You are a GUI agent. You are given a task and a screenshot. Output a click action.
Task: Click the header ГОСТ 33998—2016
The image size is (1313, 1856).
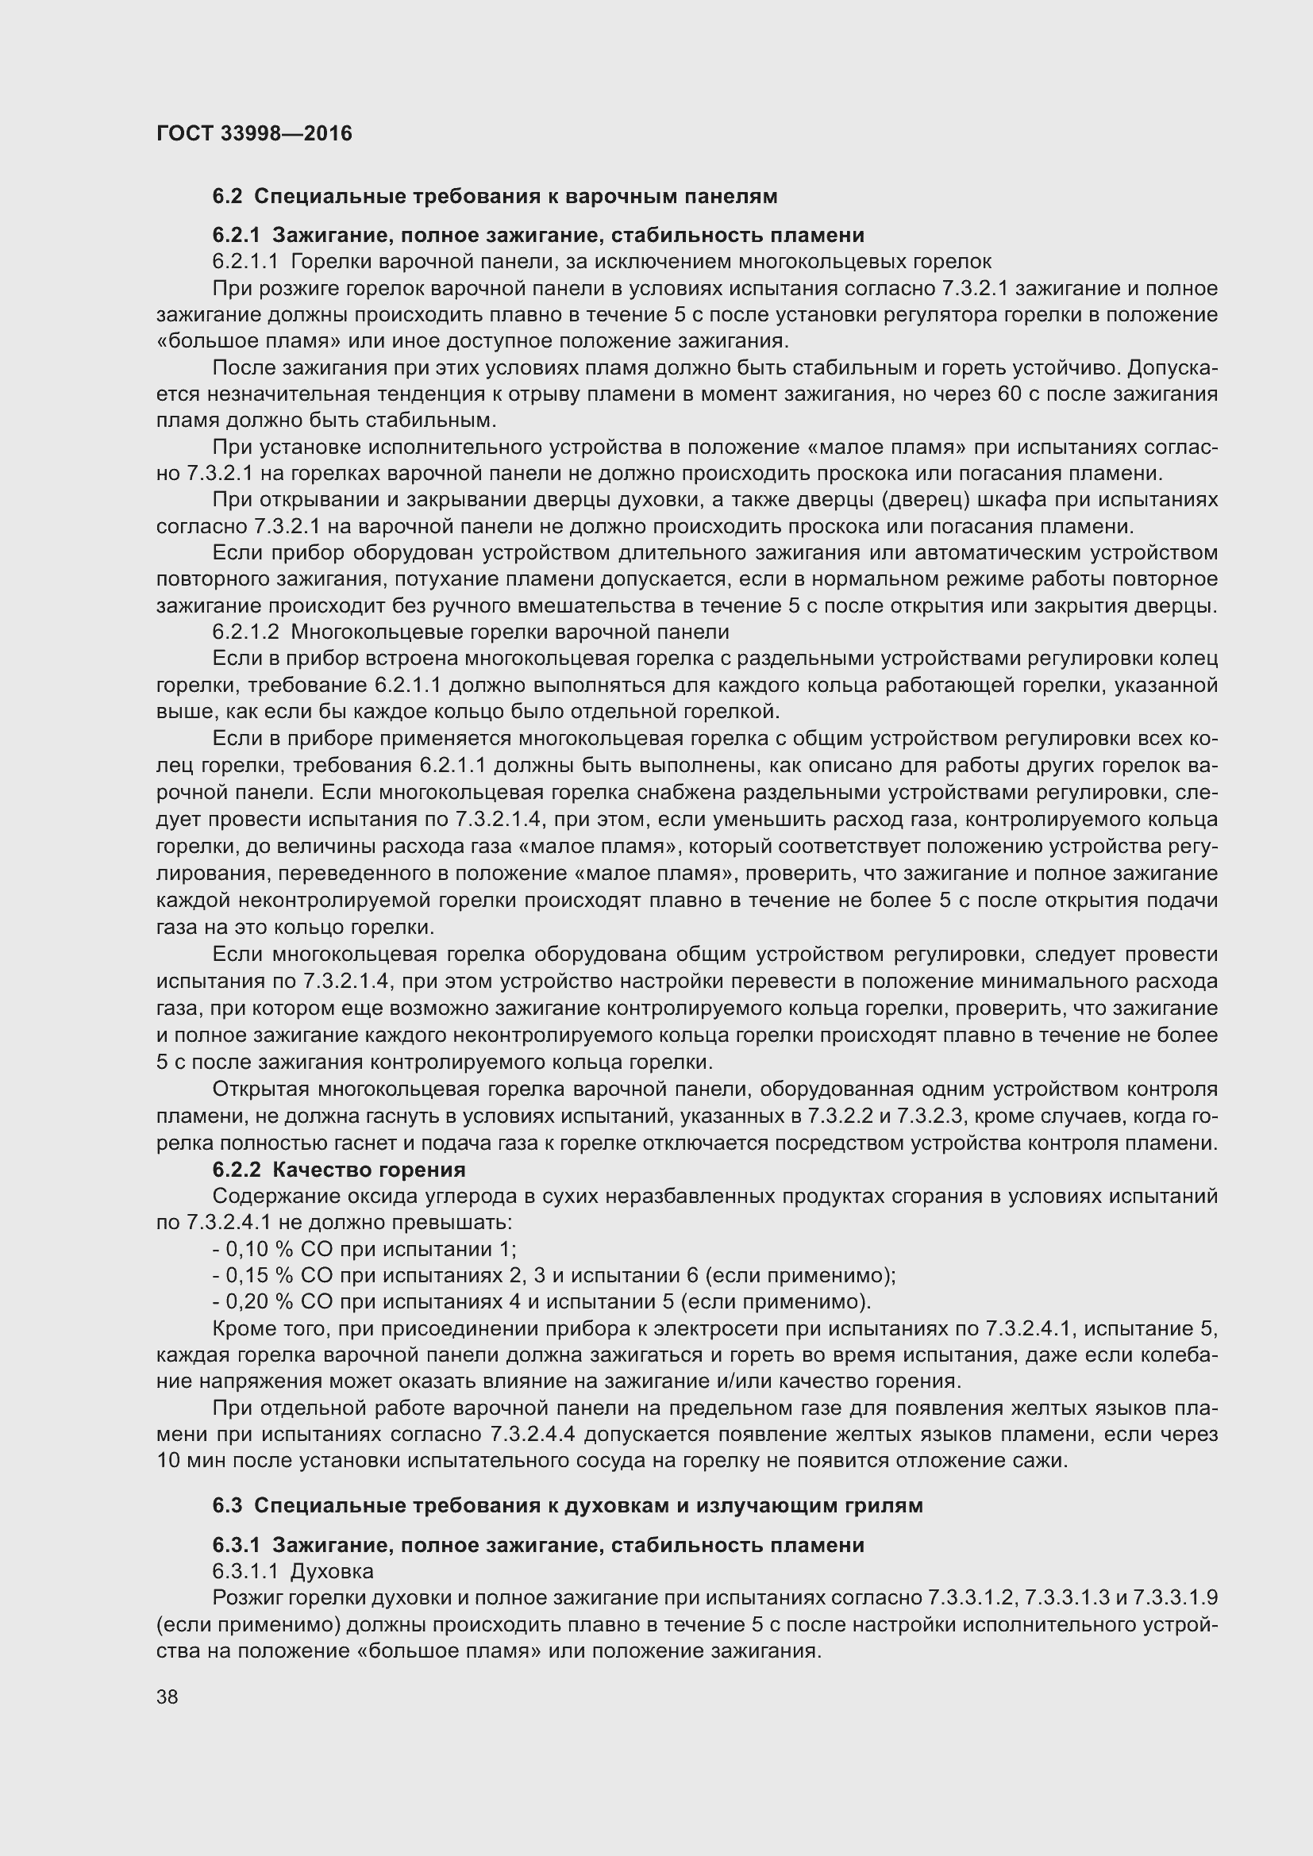254,133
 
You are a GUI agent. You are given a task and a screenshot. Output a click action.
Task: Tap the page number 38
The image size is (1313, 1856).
167,1696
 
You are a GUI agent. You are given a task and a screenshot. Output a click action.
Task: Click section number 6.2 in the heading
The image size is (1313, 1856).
227,197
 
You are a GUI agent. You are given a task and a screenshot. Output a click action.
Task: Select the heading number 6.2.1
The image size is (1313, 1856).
236,235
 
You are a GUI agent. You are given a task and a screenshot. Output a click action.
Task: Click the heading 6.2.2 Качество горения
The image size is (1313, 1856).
339,1170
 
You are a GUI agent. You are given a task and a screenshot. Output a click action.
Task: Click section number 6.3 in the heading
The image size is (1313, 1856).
227,1505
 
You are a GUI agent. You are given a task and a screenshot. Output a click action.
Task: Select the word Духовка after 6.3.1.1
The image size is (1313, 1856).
332,1570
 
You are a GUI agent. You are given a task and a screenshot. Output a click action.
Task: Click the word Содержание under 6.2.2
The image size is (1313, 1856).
267,1197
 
